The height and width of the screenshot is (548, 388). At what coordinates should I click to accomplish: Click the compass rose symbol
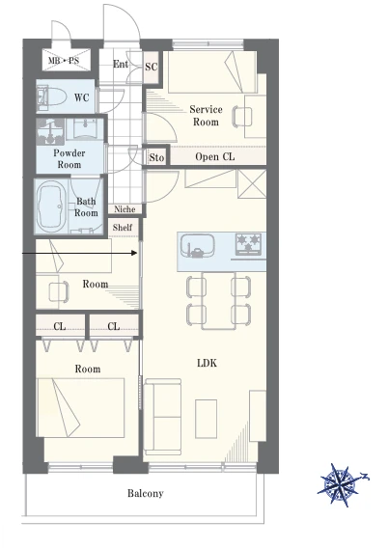(342, 485)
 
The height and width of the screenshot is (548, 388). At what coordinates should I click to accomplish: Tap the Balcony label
(146, 493)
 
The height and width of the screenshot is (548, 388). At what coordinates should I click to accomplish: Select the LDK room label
(207, 363)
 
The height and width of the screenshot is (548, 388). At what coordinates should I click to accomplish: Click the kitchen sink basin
(198, 245)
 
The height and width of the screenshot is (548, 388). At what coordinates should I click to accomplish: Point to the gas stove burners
(249, 243)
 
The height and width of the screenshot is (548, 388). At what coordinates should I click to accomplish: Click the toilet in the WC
(52, 96)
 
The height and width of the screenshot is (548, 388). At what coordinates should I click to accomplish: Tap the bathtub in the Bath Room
(52, 206)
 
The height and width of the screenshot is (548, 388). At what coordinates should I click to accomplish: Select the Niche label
(125, 209)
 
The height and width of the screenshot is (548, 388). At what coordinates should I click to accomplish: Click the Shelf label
(123, 228)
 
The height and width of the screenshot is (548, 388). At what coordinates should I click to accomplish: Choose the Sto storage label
(156, 157)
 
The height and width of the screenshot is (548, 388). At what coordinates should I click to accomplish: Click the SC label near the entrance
(152, 67)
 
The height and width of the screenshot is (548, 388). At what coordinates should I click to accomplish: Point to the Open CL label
(215, 156)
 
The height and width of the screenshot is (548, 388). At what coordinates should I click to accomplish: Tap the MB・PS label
(64, 61)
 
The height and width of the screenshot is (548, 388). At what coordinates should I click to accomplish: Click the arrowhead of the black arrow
(134, 253)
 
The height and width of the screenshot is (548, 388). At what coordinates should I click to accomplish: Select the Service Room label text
(206, 116)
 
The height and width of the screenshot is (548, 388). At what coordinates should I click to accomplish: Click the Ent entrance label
(121, 64)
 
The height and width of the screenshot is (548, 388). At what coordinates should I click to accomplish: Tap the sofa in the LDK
(163, 417)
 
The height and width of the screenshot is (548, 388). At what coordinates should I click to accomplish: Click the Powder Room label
(69, 158)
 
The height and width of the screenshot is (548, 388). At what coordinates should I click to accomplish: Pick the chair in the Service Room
(242, 117)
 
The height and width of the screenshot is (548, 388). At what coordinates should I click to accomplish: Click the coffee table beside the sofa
(206, 419)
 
